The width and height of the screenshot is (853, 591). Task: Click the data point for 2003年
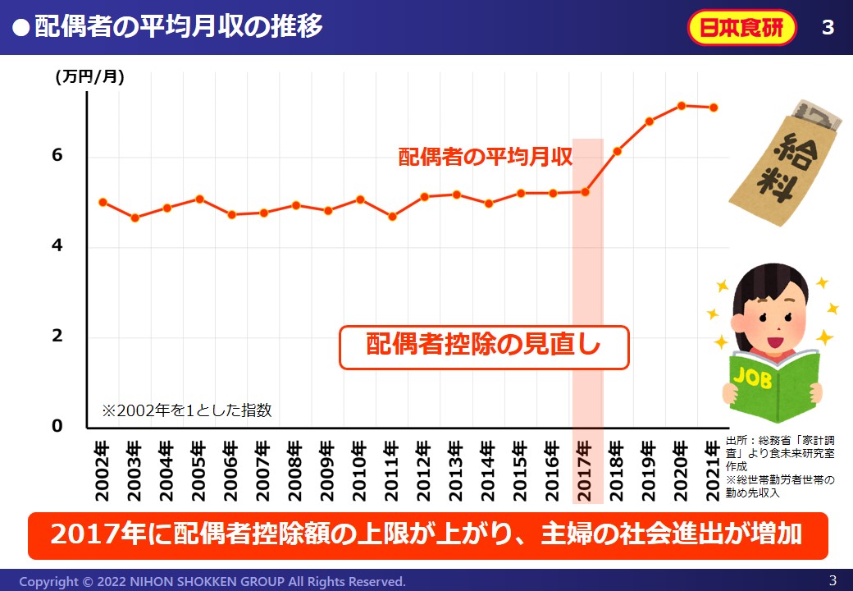pyautogui.click(x=135, y=218)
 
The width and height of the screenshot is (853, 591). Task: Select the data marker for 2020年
pyautogui.click(x=681, y=105)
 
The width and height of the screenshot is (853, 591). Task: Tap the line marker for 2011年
pyautogui.click(x=392, y=217)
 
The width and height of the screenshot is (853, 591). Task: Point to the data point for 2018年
pyautogui.click(x=618, y=151)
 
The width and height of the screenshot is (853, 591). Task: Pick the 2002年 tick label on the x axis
pyautogui.click(x=102, y=471)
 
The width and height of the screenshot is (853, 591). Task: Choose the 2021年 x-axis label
pyautogui.click(x=714, y=471)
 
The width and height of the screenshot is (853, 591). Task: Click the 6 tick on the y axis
pyautogui.click(x=57, y=156)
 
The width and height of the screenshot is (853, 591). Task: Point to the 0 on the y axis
pyautogui.click(x=57, y=426)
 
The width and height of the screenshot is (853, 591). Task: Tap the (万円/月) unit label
pyautogui.click(x=90, y=78)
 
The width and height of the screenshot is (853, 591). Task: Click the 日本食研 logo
pyautogui.click(x=741, y=28)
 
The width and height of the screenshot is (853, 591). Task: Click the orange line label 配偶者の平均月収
pyautogui.click(x=485, y=157)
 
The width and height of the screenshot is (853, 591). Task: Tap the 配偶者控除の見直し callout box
pyautogui.click(x=484, y=346)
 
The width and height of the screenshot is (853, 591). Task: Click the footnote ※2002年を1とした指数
pyautogui.click(x=186, y=410)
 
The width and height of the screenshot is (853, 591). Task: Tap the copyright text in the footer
pyautogui.click(x=212, y=581)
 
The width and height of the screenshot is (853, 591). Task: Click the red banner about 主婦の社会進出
pyautogui.click(x=427, y=535)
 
